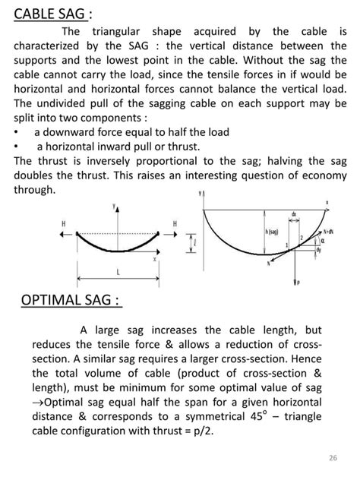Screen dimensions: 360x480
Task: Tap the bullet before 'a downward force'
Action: pos(17,132)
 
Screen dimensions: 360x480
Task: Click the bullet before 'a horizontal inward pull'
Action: pos(17,147)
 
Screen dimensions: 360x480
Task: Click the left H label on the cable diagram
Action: pos(65,223)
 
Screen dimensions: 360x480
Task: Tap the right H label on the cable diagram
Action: pos(175,223)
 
